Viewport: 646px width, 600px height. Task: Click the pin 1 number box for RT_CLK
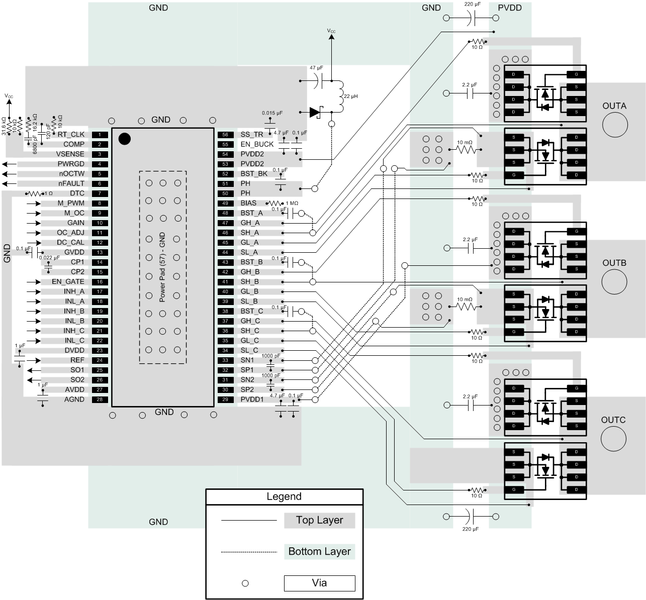100,135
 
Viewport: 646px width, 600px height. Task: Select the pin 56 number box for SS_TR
225,135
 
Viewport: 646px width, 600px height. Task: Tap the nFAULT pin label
71,183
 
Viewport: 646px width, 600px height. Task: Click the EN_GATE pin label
68,281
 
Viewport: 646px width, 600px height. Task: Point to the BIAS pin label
248,203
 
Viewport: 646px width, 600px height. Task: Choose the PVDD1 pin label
252,399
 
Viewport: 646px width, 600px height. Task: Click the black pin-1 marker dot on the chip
124,139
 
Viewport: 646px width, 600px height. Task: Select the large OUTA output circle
614,125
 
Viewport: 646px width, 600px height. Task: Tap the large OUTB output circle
614,282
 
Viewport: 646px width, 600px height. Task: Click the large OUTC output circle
613,439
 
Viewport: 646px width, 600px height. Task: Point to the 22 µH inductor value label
351,96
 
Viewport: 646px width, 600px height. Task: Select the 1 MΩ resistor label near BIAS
292,204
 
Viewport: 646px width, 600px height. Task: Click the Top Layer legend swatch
319,520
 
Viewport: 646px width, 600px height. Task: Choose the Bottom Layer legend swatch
319,551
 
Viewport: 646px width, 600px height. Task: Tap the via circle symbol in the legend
245,583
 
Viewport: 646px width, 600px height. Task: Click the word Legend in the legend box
284,496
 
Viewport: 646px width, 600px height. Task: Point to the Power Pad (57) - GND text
162,267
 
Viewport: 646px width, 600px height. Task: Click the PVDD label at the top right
509,8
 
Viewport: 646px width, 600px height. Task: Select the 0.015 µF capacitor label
272,113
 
